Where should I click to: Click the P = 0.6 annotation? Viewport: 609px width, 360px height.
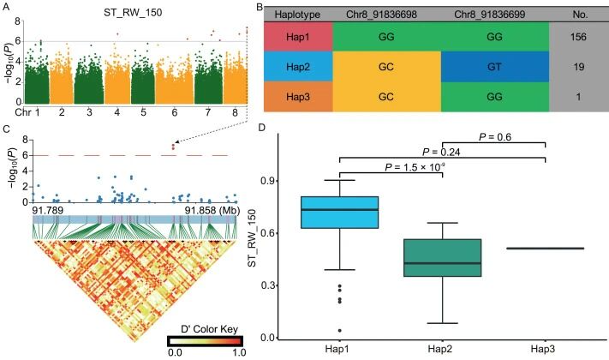495,136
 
